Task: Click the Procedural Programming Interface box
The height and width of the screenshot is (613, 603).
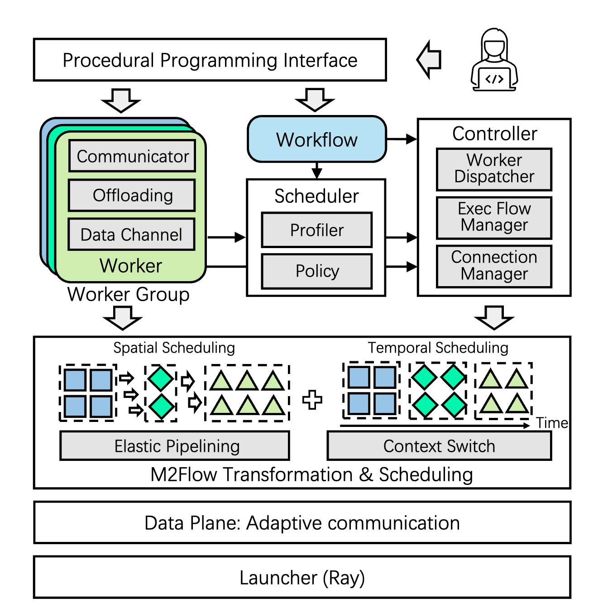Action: click(210, 60)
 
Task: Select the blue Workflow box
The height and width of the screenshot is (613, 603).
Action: click(316, 139)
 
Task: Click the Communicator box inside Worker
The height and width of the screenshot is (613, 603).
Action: click(132, 156)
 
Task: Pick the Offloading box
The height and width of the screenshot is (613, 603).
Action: click(132, 196)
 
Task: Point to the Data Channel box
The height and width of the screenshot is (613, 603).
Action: click(131, 235)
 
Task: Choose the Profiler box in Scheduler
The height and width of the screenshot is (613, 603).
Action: click(316, 230)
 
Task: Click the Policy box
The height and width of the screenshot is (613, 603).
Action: click(316, 271)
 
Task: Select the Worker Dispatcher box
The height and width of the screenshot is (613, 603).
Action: click(494, 169)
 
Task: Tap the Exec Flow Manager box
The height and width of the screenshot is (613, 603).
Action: click(494, 217)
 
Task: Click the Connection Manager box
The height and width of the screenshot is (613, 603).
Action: click(494, 266)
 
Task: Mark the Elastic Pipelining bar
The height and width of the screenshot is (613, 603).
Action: click(175, 446)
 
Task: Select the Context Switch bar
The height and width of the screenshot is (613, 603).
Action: click(439, 446)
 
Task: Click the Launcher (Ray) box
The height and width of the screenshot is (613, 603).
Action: click(302, 577)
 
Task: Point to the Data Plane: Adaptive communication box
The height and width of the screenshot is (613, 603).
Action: click(302, 522)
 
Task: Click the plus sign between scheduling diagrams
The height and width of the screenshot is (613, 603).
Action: click(312, 400)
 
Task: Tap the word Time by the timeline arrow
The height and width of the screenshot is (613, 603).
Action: click(552, 423)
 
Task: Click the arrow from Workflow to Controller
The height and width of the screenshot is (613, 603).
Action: click(402, 139)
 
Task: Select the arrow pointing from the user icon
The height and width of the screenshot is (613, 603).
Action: click(429, 59)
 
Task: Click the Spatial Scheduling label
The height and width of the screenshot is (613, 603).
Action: click(174, 348)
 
